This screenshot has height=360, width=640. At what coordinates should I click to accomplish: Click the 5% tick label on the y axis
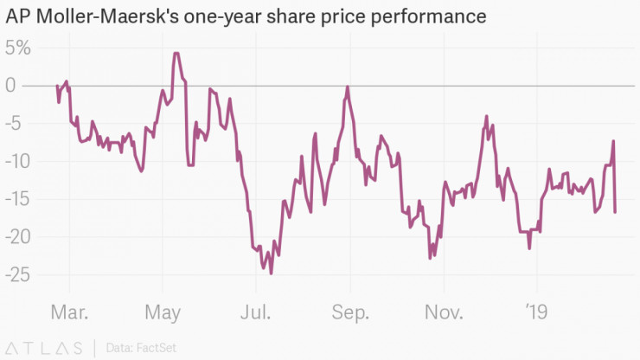(17, 48)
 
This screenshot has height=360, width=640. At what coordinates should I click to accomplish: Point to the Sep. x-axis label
(352, 311)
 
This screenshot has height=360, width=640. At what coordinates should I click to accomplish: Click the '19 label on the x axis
(537, 311)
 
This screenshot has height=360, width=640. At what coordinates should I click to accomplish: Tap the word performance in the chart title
(432, 16)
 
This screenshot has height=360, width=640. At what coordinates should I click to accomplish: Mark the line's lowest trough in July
(271, 273)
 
